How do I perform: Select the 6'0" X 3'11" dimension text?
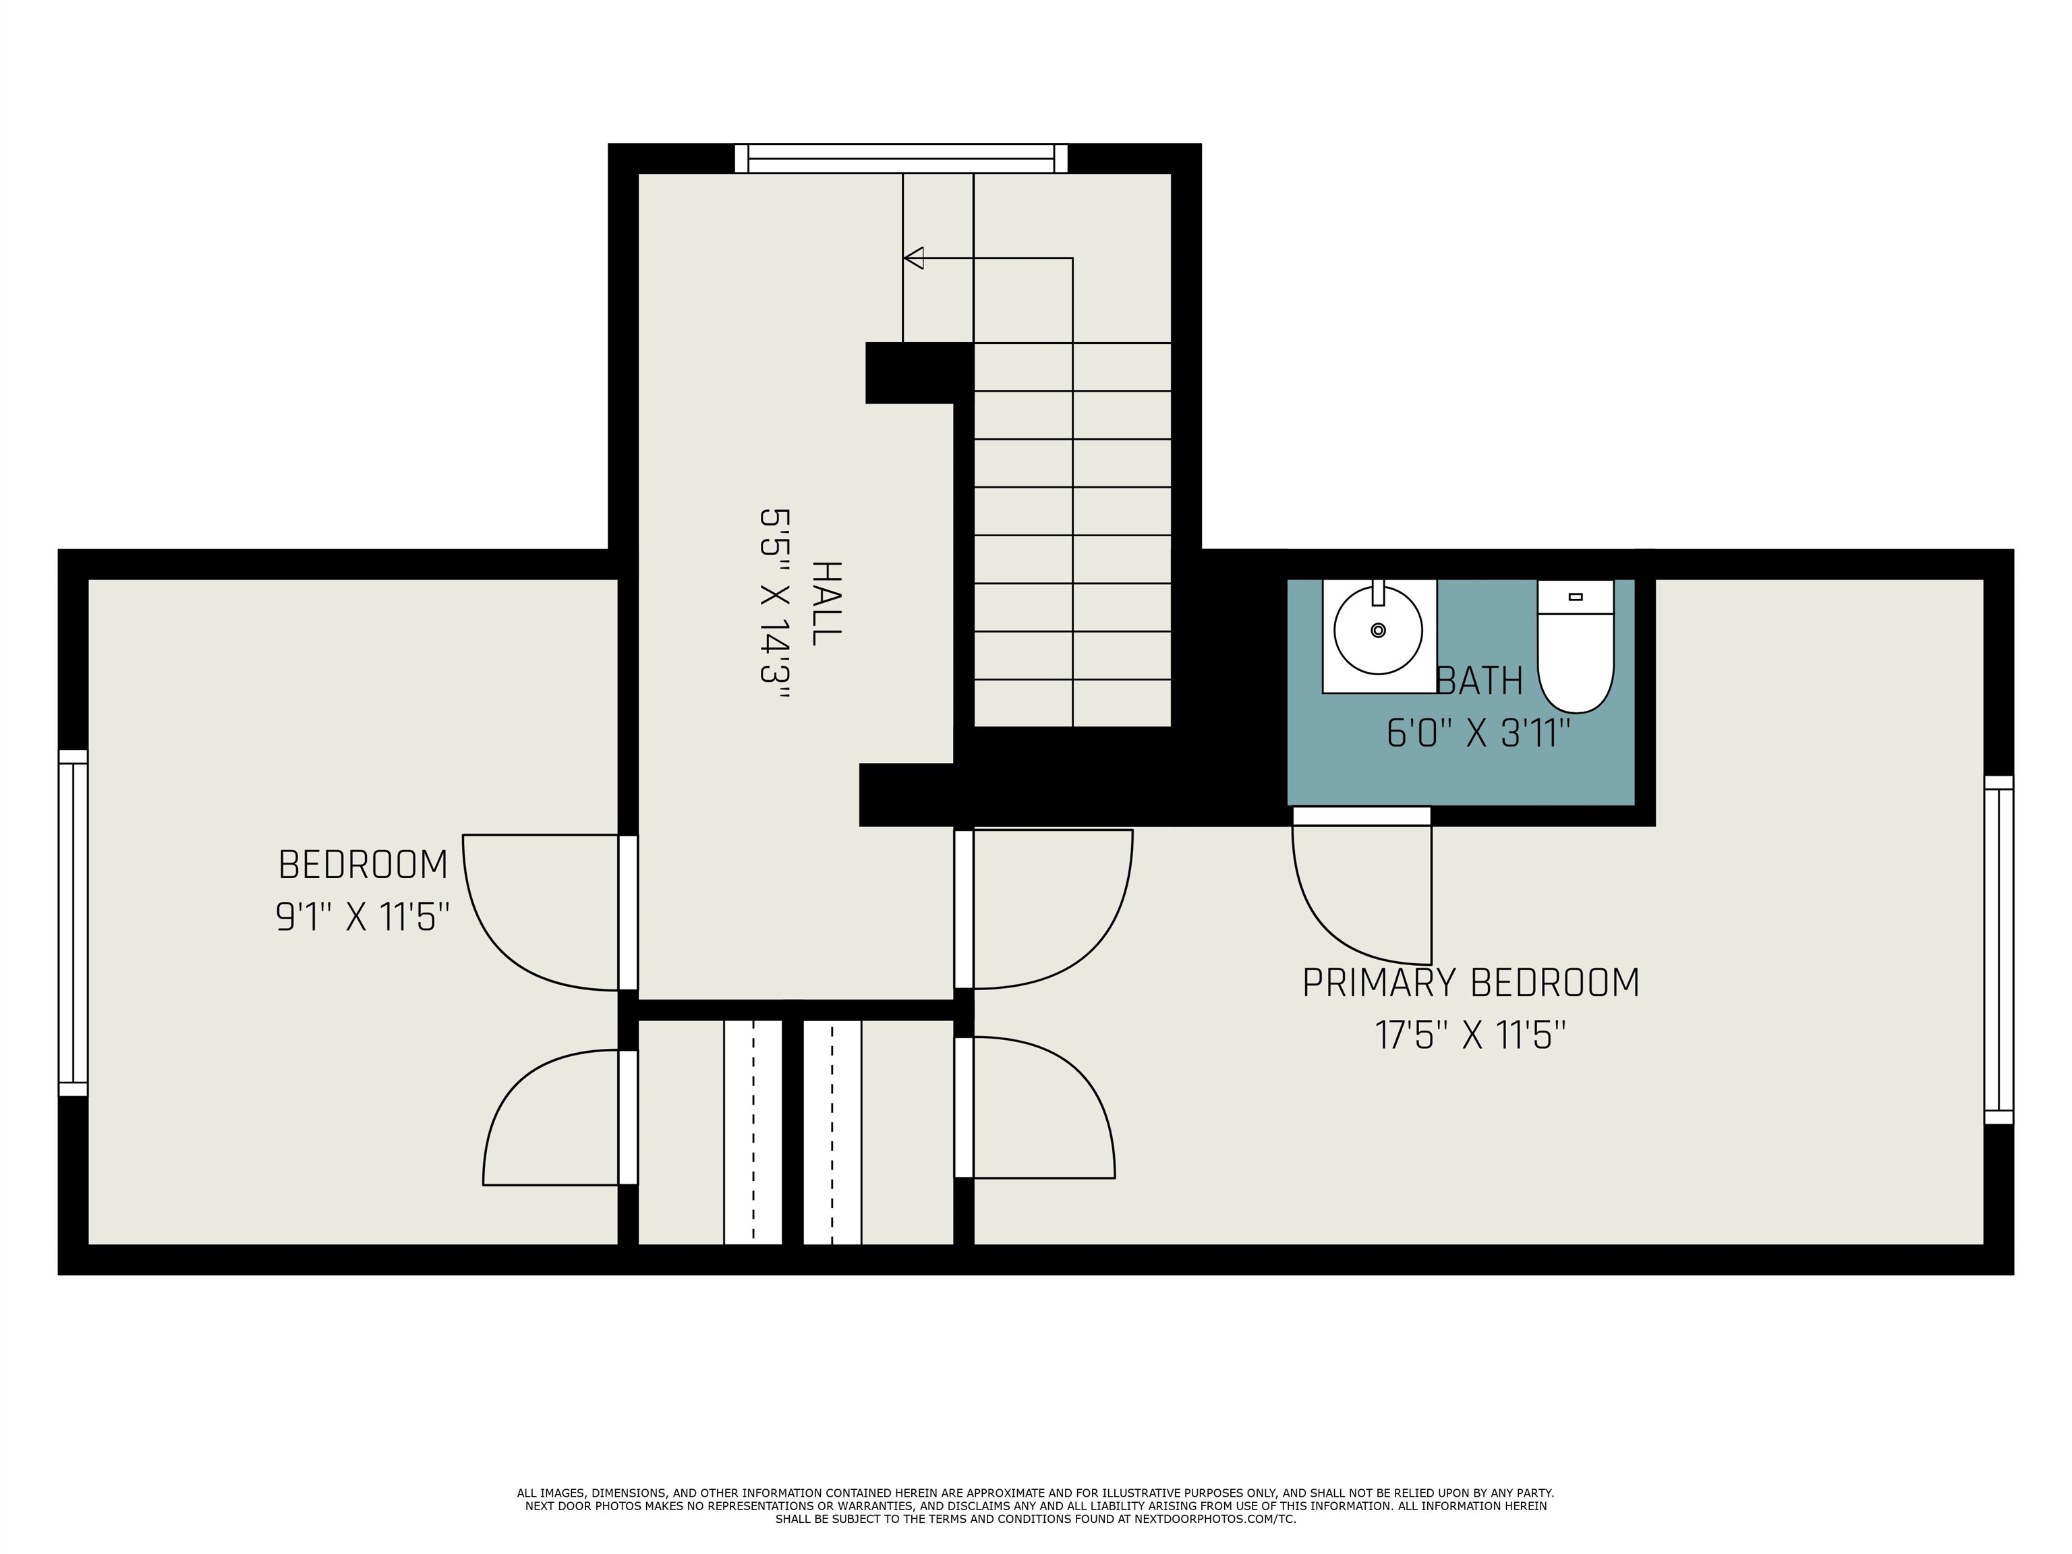pyautogui.click(x=1478, y=732)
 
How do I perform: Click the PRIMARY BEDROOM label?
pyautogui.click(x=1470, y=983)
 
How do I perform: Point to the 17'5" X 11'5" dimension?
pyautogui.click(x=1470, y=1035)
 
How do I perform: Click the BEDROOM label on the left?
pyautogui.click(x=362, y=865)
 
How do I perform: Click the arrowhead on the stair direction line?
pyautogui.click(x=914, y=258)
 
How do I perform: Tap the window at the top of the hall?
pyautogui.click(x=900, y=159)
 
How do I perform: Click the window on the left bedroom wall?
pyautogui.click(x=73, y=923)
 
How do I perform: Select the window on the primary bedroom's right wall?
pyautogui.click(x=1998, y=950)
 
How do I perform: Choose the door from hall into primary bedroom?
pyautogui.click(x=1077, y=937)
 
